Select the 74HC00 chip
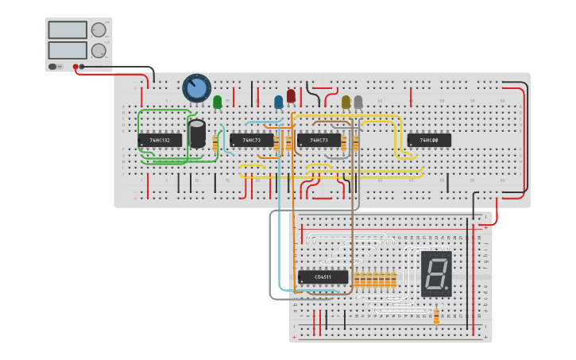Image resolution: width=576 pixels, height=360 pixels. (429, 141)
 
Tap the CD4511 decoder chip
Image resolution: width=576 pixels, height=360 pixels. (323, 277)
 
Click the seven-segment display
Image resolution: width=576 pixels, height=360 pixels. (435, 274)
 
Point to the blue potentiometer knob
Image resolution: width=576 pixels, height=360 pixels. (196, 87)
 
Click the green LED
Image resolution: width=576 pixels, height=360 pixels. (218, 102)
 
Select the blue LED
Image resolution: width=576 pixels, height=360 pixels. (278, 102)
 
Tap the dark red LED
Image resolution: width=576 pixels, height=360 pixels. (291, 96)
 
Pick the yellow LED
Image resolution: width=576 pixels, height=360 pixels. (346, 102)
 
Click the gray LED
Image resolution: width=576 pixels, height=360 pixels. (358, 102)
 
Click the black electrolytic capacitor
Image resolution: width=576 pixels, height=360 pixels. (198, 132)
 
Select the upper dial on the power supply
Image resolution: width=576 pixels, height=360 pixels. (99, 30)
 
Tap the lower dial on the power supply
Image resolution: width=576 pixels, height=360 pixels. (99, 51)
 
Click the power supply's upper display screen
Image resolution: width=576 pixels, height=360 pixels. (68, 30)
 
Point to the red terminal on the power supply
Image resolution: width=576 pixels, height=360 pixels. (75, 67)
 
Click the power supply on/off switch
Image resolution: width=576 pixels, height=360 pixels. (53, 67)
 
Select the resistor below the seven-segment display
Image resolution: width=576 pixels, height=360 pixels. (436, 315)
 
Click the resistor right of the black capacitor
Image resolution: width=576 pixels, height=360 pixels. (215, 143)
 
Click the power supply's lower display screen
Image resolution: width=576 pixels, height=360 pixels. (68, 50)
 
